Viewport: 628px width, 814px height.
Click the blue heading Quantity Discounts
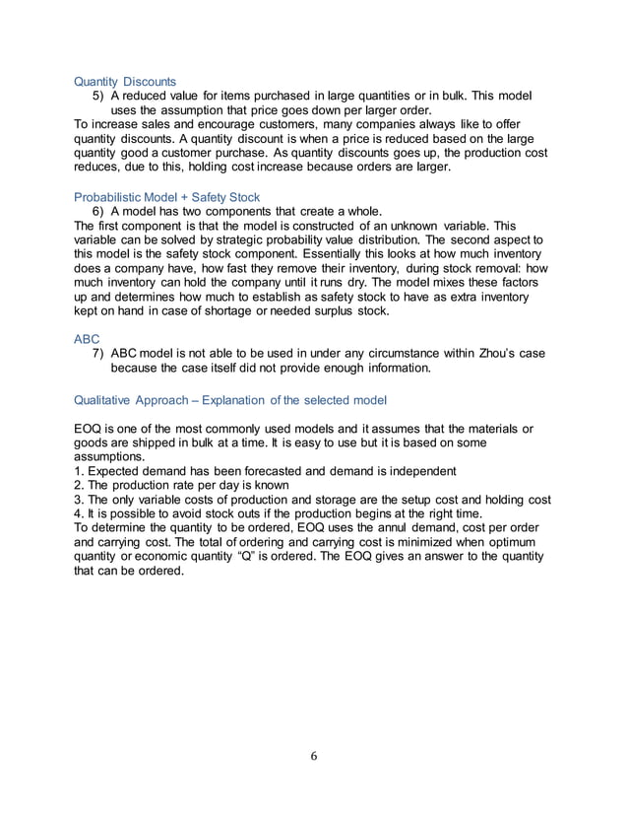(126, 81)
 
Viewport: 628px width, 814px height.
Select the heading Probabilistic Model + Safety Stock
(166, 197)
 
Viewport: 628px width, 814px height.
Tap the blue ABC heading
(88, 338)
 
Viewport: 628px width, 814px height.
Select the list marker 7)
(98, 353)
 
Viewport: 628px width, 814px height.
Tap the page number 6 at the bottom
(314, 757)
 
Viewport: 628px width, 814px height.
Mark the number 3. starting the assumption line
(80, 500)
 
